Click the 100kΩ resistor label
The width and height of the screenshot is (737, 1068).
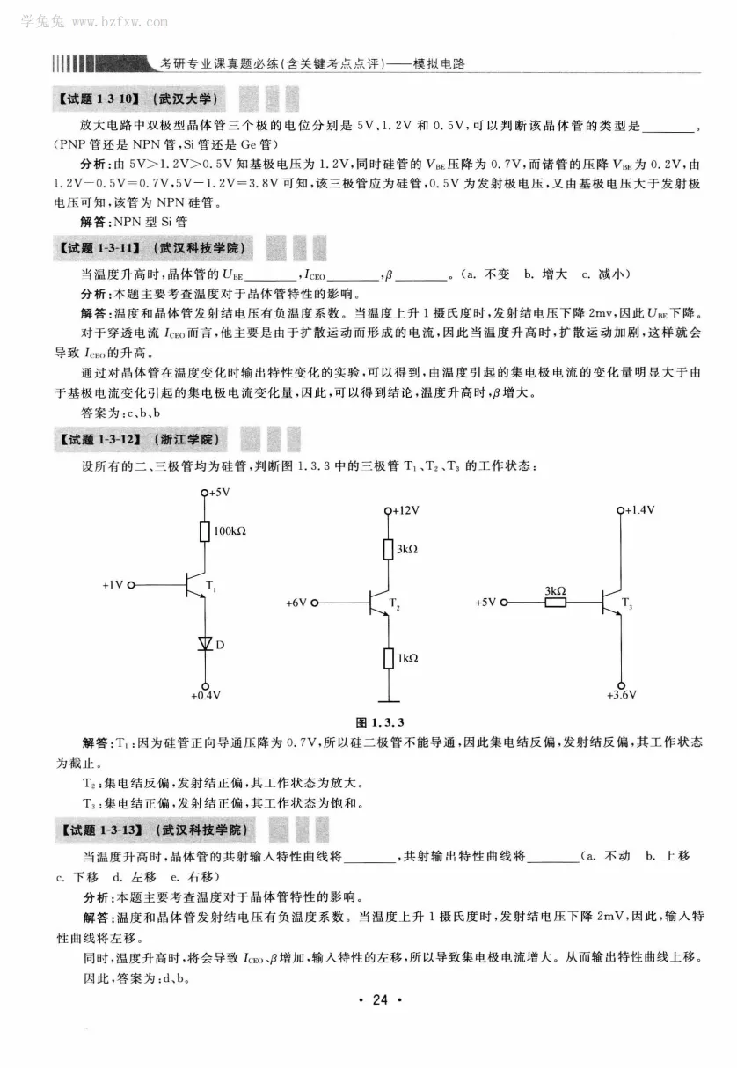pos(230,531)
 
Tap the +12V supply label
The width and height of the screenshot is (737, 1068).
pos(406,510)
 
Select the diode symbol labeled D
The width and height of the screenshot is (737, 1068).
pos(205,644)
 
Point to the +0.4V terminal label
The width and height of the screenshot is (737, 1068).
pos(206,696)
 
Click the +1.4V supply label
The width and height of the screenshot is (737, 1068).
pos(640,510)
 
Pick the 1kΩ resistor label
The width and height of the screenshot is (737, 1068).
pos(405,658)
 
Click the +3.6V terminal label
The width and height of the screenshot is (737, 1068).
pos(622,695)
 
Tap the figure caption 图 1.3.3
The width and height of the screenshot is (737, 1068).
pos(379,722)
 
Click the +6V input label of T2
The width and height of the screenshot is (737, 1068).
pos(296,603)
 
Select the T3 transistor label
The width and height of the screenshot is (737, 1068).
pos(626,602)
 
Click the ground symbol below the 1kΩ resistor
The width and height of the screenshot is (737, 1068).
pos(387,699)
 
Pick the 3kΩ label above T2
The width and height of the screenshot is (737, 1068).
pos(406,549)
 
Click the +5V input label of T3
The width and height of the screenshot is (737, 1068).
pos(485,603)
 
